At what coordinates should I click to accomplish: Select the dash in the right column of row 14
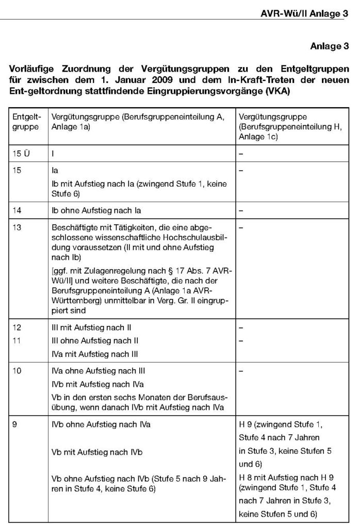[241, 209]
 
